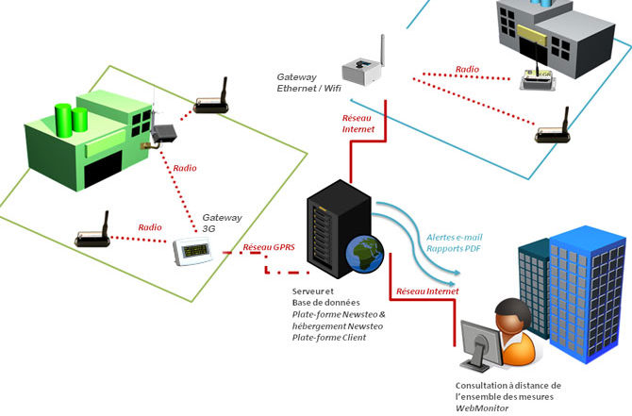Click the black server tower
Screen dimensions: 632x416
[339, 228]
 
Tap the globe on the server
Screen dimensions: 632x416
[365, 254]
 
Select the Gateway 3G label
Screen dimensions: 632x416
[222, 223]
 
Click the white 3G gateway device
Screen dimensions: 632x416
[192, 251]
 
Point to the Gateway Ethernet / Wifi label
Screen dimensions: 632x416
[308, 83]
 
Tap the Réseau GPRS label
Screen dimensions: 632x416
[269, 247]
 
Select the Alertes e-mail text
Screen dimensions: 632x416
[455, 237]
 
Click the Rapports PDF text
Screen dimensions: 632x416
[454, 248]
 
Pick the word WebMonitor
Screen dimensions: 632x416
[482, 408]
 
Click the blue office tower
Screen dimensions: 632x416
[588, 293]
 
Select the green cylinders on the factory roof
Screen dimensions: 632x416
[72, 120]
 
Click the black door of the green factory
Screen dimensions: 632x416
[103, 169]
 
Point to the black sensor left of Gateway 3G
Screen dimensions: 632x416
[92, 232]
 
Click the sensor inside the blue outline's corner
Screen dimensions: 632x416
[552, 127]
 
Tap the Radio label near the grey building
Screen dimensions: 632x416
[467, 70]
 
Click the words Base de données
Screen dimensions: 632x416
[325, 302]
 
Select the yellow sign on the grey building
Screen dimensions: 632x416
[531, 33]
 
